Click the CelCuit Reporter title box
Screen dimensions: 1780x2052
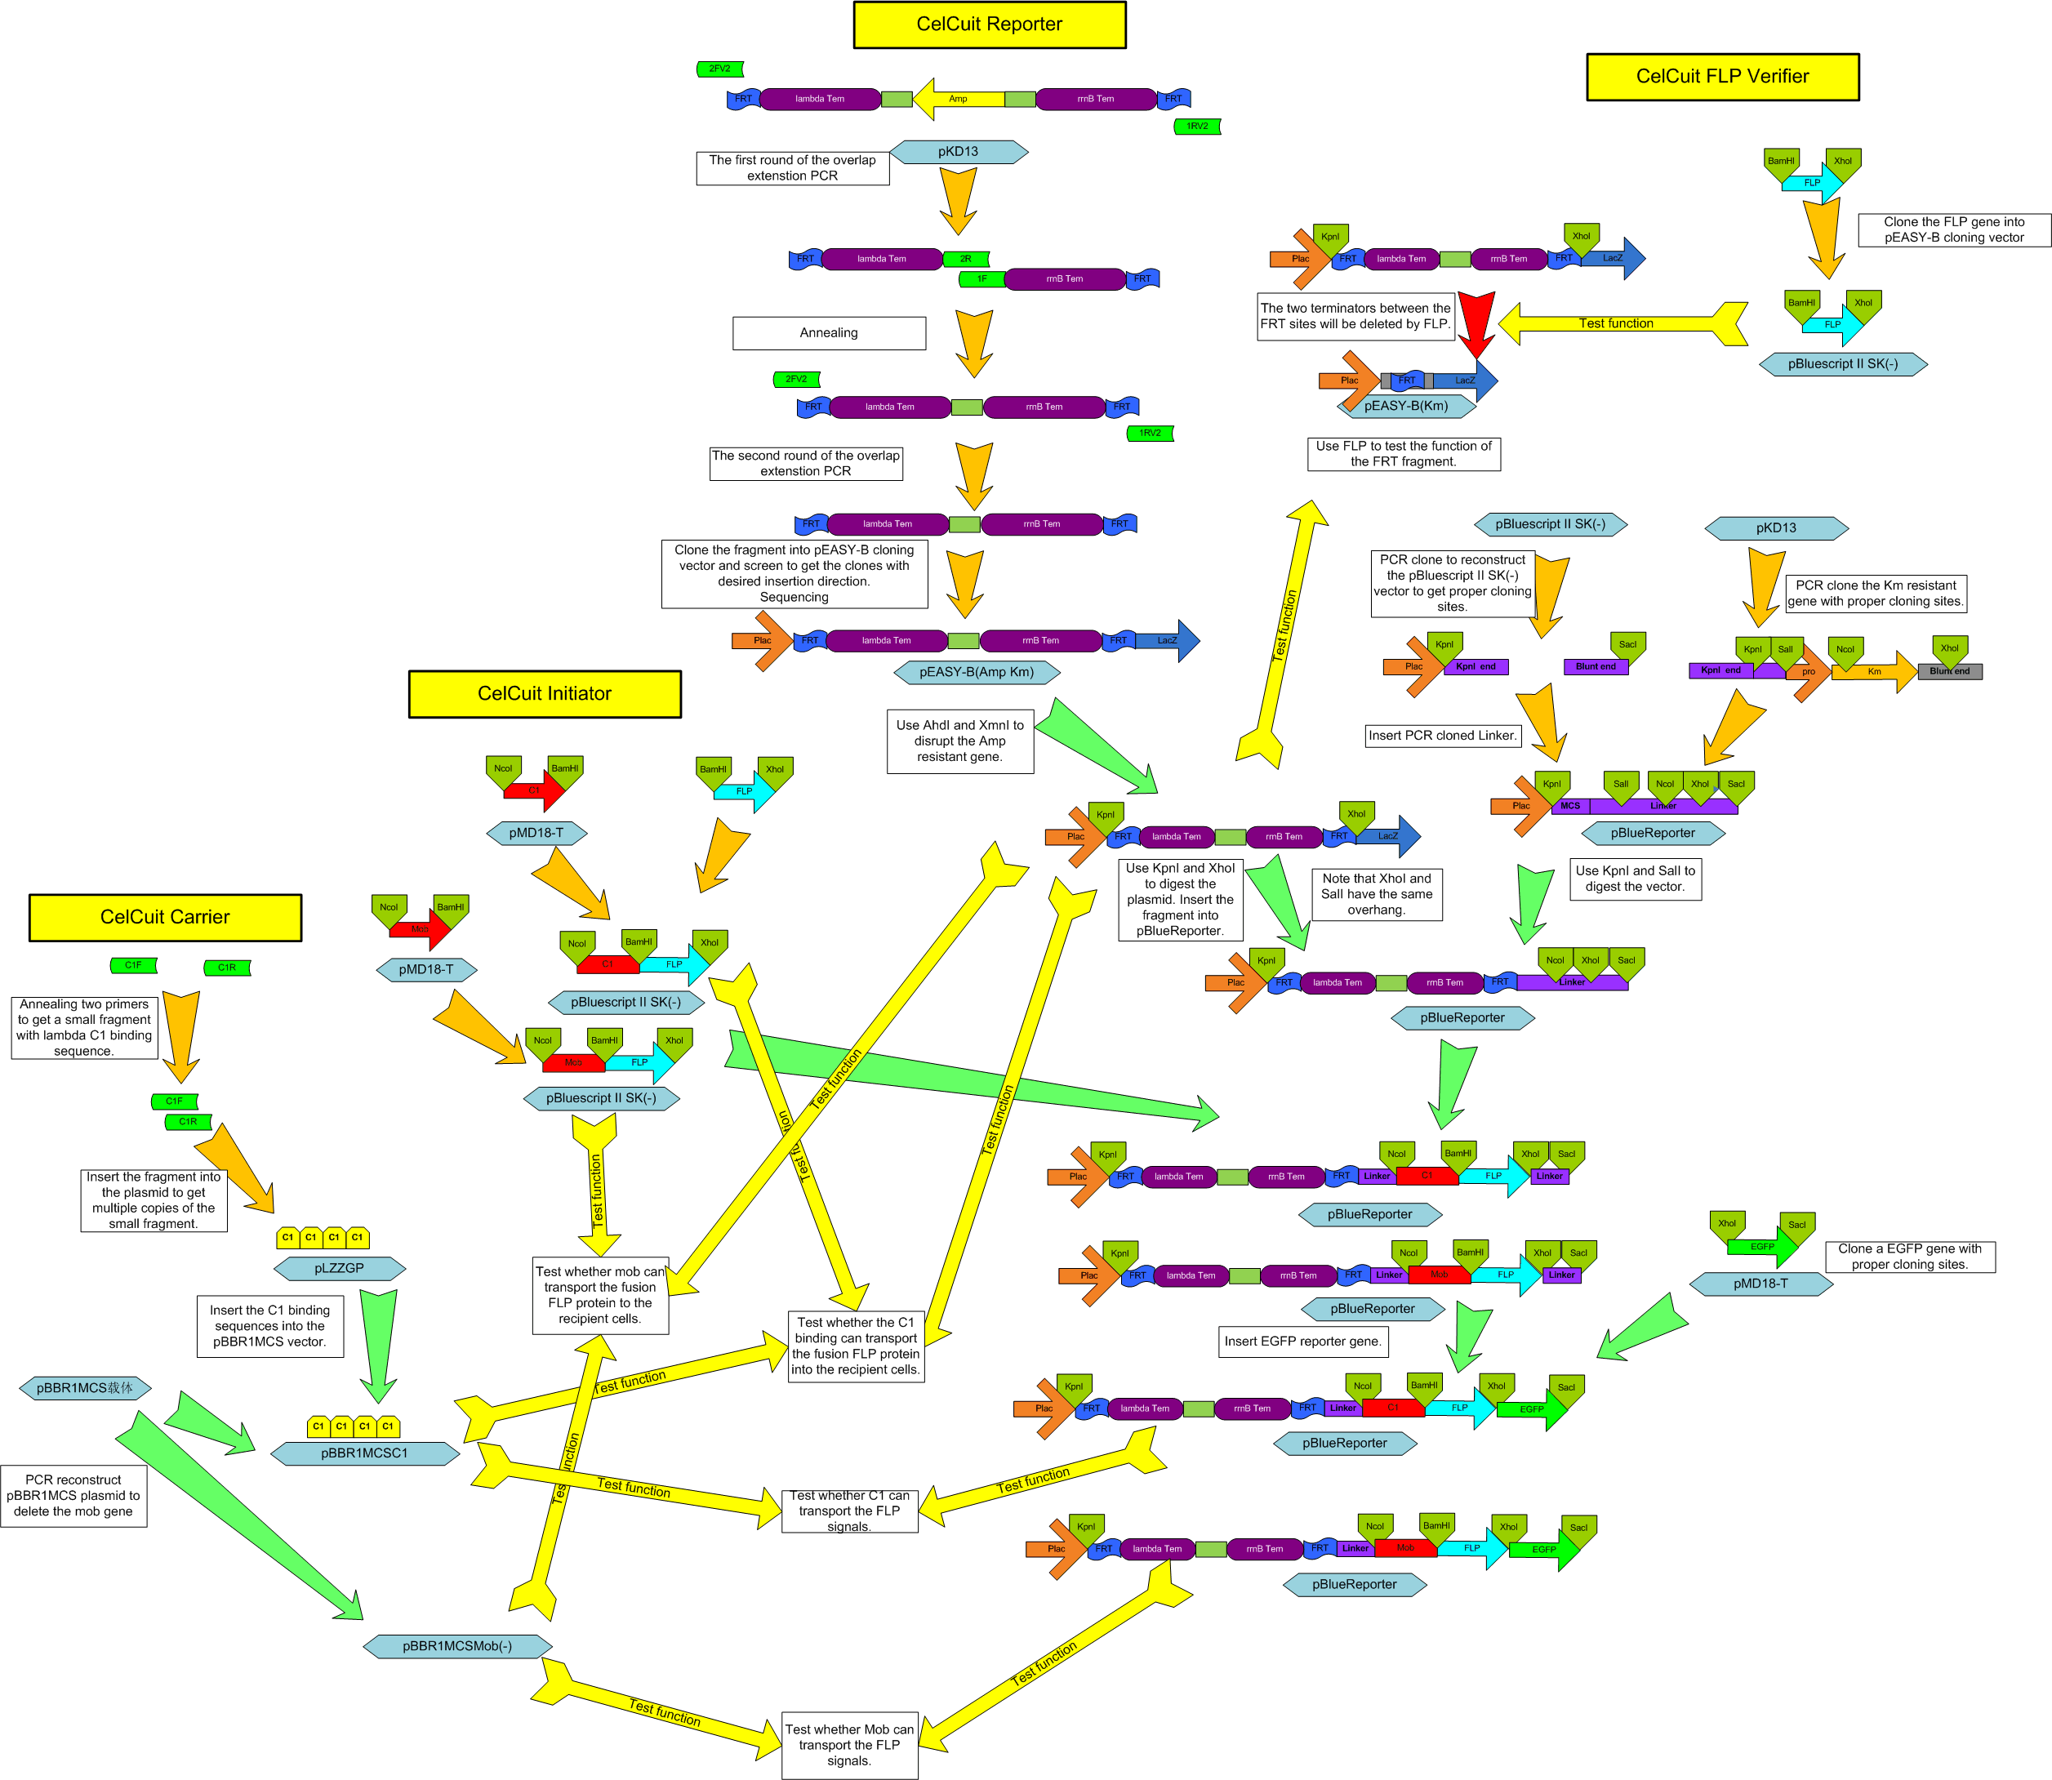click(989, 24)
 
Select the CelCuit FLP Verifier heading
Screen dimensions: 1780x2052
click(1722, 77)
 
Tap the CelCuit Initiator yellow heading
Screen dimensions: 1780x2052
click(545, 693)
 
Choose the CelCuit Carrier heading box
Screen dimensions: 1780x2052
click(165, 917)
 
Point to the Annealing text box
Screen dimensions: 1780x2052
click(828, 333)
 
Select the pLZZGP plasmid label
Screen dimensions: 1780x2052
click(339, 1268)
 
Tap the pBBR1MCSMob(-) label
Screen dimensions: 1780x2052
click(457, 1646)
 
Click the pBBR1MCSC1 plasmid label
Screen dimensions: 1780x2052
click(364, 1453)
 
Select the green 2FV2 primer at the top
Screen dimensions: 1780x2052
click(720, 69)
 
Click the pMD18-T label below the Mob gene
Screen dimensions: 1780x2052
click(426, 969)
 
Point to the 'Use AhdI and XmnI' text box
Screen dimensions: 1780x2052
click(959, 741)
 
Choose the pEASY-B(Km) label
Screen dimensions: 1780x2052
click(1405, 405)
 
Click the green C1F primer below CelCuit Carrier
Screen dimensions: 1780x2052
click(133, 965)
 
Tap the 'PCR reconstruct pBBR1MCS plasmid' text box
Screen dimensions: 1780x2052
click(73, 1496)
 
